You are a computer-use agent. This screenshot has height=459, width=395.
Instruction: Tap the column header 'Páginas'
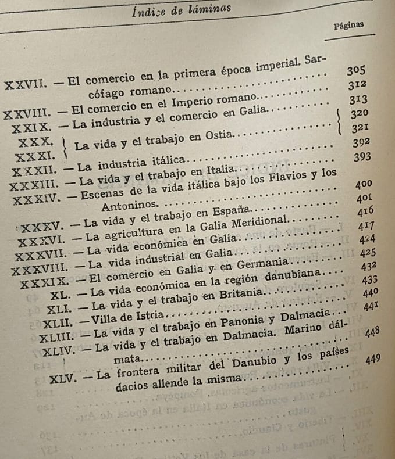(349, 26)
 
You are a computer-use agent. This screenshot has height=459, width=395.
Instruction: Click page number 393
(362, 157)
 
